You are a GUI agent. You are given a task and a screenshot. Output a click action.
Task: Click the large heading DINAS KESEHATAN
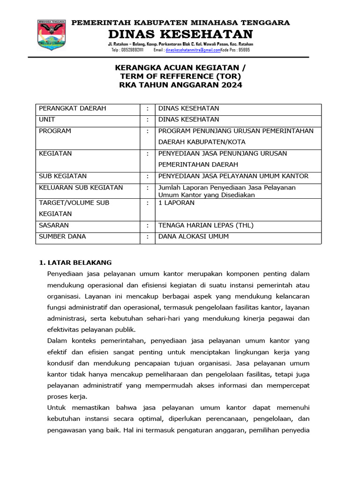pos(180,34)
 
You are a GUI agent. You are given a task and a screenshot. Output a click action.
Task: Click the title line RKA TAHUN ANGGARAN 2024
pos(180,85)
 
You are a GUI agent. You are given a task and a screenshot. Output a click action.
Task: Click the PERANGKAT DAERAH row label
pos(72,108)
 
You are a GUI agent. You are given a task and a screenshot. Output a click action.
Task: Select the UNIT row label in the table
pos(47,120)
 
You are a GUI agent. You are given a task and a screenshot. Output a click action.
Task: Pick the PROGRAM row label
pos(55,131)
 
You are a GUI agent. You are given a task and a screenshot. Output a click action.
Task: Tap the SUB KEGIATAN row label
pos(63,176)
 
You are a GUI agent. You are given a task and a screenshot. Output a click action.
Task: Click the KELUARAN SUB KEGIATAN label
pos(81,187)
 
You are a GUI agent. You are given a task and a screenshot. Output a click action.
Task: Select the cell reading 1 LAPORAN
pos(176,203)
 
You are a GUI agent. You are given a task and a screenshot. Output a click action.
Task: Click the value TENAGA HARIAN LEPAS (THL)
pos(206,225)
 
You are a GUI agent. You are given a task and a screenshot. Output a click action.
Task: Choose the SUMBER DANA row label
pos(62,237)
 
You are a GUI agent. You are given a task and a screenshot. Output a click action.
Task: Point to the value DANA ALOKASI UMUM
pos(193,237)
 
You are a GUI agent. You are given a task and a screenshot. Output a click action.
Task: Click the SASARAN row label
pos(53,225)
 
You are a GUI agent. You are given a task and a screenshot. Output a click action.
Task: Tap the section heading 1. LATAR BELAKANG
pos(75,262)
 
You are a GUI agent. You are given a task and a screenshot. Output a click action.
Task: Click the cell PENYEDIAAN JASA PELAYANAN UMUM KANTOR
pos(233,176)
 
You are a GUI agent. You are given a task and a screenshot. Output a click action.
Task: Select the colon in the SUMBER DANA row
pos(148,237)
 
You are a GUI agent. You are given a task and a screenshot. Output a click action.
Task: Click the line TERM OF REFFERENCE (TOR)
pos(180,76)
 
